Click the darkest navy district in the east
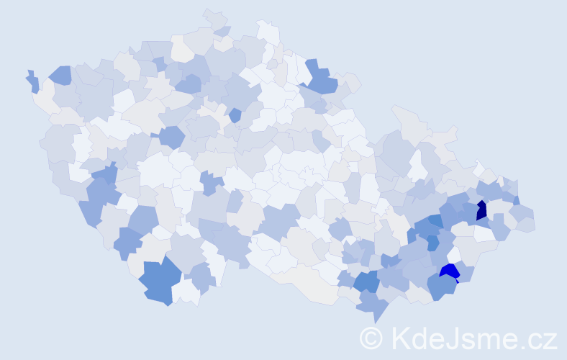point(481,210)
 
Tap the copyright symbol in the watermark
point(371,338)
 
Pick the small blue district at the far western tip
point(32,81)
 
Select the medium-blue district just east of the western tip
point(60,74)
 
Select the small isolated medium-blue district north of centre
point(235,114)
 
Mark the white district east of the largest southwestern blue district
point(186,292)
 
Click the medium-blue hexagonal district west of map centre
point(172,136)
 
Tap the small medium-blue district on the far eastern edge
point(516,200)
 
